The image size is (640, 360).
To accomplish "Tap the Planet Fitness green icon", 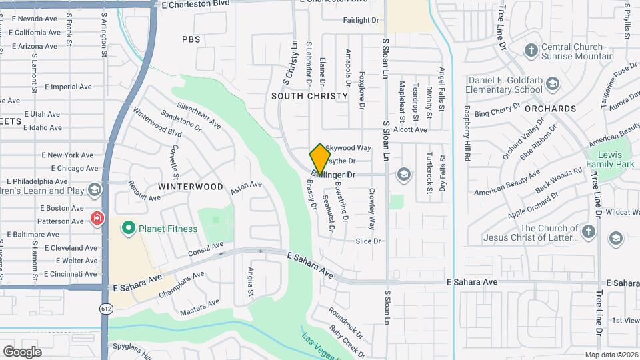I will tap(129, 229).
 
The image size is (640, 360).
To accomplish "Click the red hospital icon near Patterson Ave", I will tap(97, 219).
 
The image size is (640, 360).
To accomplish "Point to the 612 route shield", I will tap(106, 308).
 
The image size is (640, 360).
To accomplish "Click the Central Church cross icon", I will tap(531, 50).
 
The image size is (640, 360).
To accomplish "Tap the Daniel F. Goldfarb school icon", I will tap(552, 84).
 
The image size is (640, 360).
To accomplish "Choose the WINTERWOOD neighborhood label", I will tap(191, 187).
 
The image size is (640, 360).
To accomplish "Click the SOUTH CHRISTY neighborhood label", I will tap(310, 96).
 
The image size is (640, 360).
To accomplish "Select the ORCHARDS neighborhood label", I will tap(550, 108).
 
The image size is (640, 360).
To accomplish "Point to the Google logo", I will tap(22, 351).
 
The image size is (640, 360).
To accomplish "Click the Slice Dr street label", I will tap(368, 241).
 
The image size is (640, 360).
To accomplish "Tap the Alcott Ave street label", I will tap(410, 130).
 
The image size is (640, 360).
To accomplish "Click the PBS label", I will tap(191, 39).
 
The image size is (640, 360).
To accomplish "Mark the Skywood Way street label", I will tap(348, 147).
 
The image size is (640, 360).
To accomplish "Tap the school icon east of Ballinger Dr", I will tap(403, 175).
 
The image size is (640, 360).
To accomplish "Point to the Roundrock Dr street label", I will tap(345, 321).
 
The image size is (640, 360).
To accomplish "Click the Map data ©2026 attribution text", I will tap(611, 355).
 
